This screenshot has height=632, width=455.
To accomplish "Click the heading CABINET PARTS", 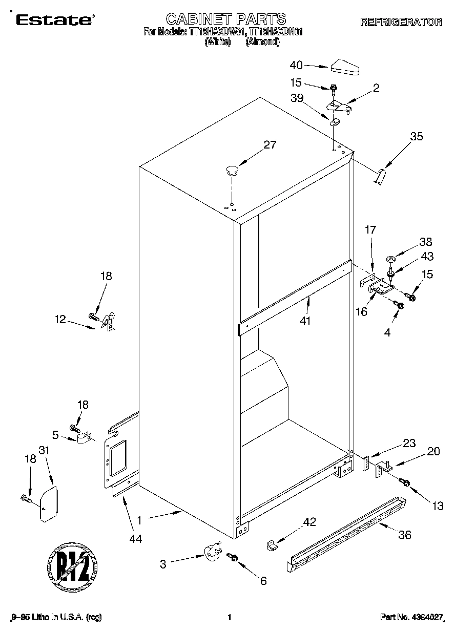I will [226, 19].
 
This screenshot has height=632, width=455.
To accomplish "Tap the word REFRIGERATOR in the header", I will [401, 22].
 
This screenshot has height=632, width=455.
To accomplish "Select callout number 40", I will [297, 65].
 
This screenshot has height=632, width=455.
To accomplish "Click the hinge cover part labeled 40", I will [346, 66].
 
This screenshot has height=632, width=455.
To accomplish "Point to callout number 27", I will [270, 145].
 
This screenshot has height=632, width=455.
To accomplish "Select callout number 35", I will [417, 136].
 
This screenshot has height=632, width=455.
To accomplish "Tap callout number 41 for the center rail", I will [306, 321].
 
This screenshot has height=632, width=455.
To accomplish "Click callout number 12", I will [61, 320].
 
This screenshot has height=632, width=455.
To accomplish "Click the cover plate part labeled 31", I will [49, 504].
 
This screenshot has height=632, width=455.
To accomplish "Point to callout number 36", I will [404, 536].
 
